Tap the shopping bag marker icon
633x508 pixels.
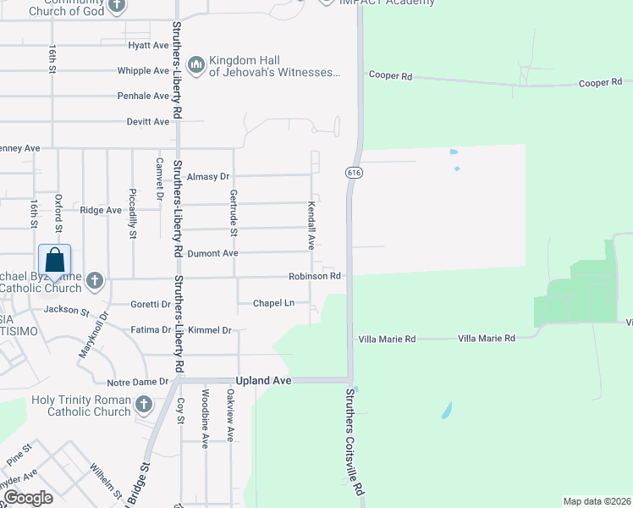coord(55,261)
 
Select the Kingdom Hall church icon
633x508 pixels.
coord(196,65)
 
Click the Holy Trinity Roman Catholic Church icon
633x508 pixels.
coord(143,405)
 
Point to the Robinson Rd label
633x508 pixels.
coord(314,276)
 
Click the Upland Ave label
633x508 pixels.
coord(264,381)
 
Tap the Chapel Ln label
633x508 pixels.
coord(273,303)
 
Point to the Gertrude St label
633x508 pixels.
coord(234,212)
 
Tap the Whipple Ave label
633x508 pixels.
coord(143,71)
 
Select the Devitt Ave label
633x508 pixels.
coord(147,122)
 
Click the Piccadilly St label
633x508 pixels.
coord(132,213)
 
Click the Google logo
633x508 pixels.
coord(28,497)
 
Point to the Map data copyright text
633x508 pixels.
coord(597,501)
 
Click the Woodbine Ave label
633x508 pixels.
coord(205,418)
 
